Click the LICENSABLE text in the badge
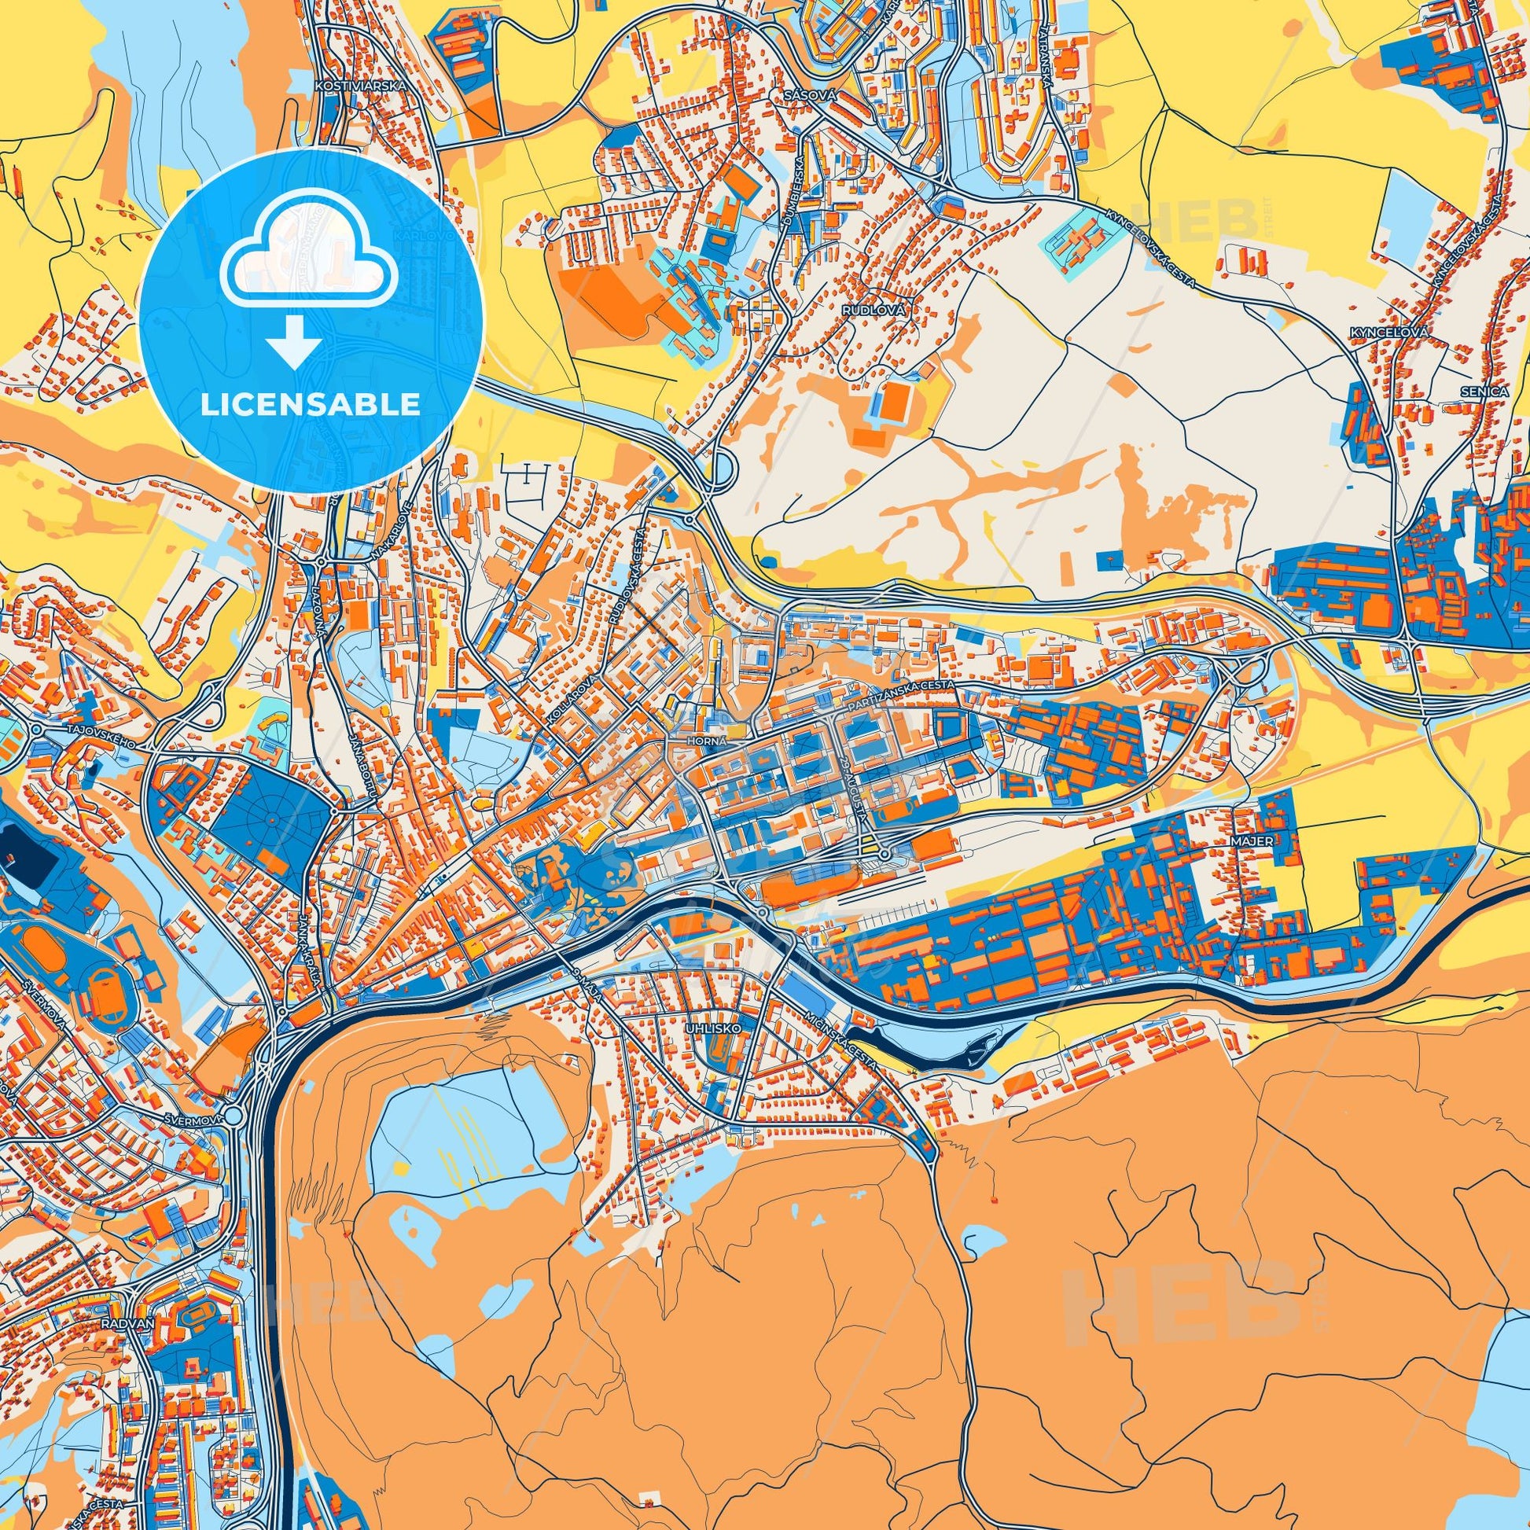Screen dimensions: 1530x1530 tap(311, 405)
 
